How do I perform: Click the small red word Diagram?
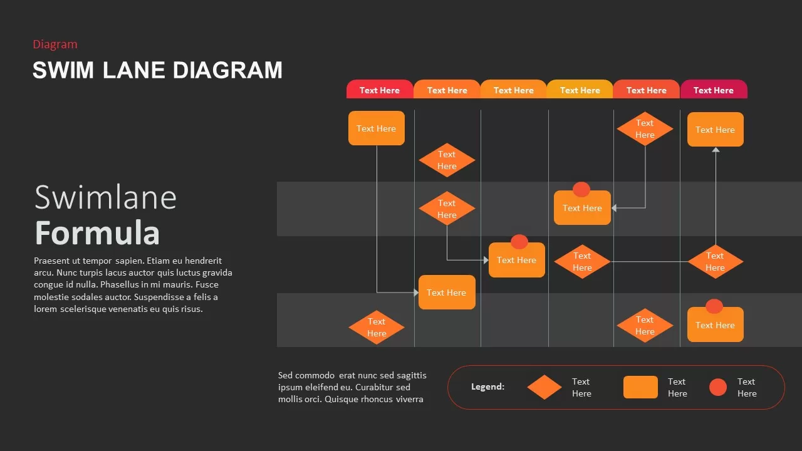coord(55,44)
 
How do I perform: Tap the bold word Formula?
coord(97,233)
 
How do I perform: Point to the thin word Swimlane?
coord(105,197)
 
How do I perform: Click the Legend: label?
coord(487,387)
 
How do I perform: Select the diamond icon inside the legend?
coord(544,387)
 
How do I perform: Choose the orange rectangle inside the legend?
coord(640,387)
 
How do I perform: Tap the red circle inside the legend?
coord(718,387)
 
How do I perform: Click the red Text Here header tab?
coord(380,90)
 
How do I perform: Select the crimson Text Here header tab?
coord(714,90)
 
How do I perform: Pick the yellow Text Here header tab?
coord(580,90)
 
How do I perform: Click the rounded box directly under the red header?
coord(377,128)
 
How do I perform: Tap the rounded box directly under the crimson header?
coord(715,130)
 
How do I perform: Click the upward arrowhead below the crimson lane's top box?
coord(716,150)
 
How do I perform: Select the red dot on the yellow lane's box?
coord(581,189)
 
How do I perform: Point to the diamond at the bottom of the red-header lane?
coord(377,327)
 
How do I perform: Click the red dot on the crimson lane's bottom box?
coord(714,306)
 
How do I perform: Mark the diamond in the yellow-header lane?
coord(582,261)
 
